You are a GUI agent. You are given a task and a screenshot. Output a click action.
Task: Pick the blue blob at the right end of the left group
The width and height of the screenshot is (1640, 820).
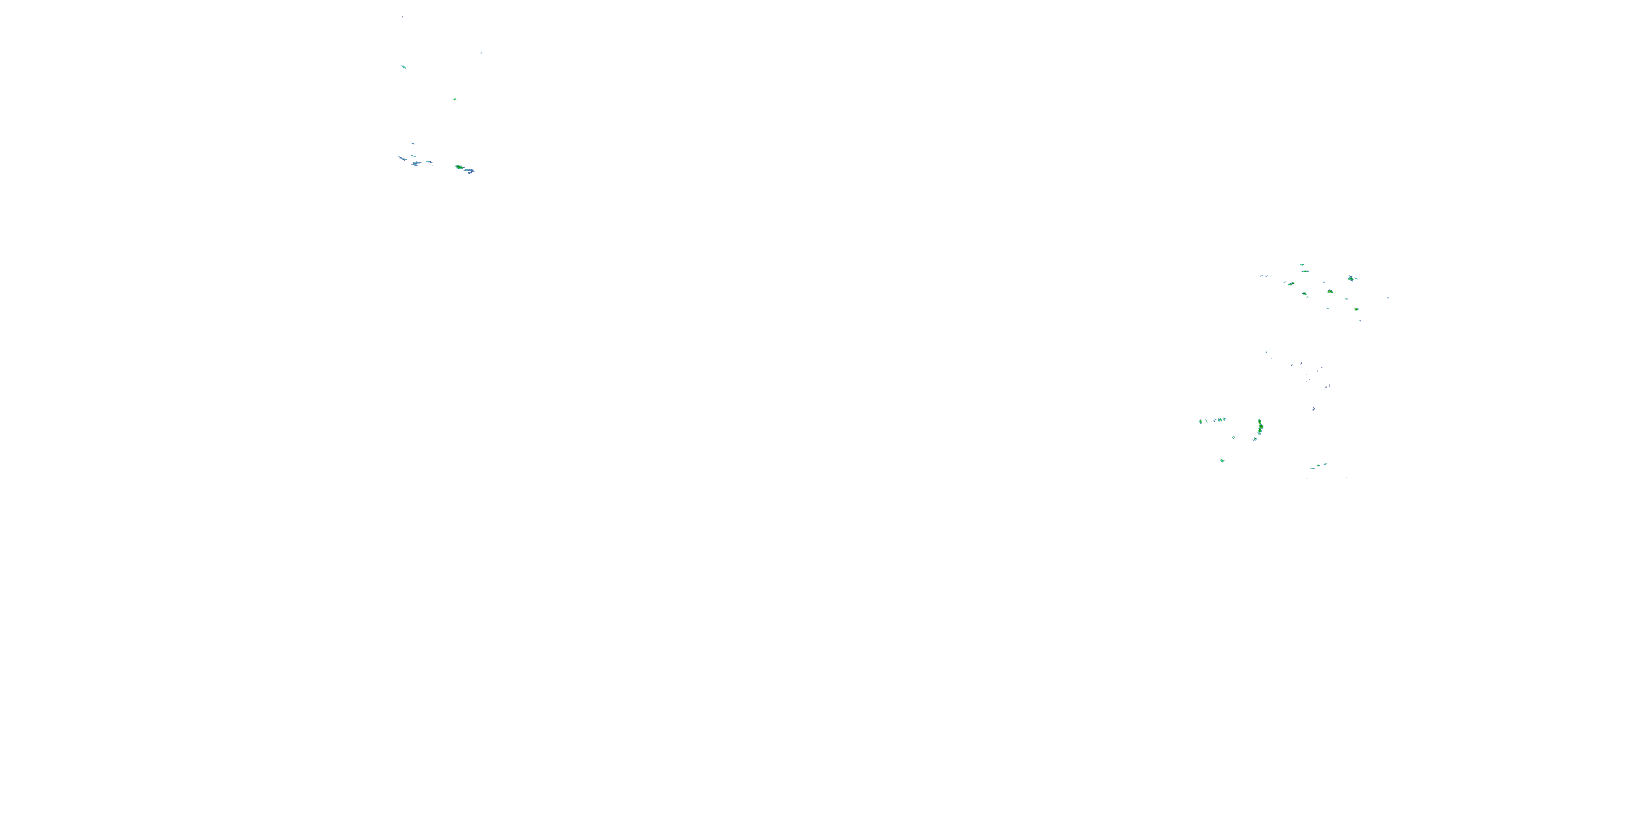pyautogui.click(x=469, y=171)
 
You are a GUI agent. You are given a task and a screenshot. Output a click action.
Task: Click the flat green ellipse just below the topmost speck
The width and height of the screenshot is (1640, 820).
pyautogui.click(x=1304, y=272)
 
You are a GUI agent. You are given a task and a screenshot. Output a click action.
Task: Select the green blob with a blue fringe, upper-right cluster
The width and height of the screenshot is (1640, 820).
pyautogui.click(x=1351, y=278)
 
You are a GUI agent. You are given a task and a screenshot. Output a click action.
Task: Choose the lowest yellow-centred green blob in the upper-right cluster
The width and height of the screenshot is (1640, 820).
pyautogui.click(x=1356, y=309)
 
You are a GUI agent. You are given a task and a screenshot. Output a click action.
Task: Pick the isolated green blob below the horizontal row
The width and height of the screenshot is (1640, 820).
pyautogui.click(x=1222, y=460)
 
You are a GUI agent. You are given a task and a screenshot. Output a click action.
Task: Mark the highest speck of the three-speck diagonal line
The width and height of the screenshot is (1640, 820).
pyautogui.click(x=1325, y=464)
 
